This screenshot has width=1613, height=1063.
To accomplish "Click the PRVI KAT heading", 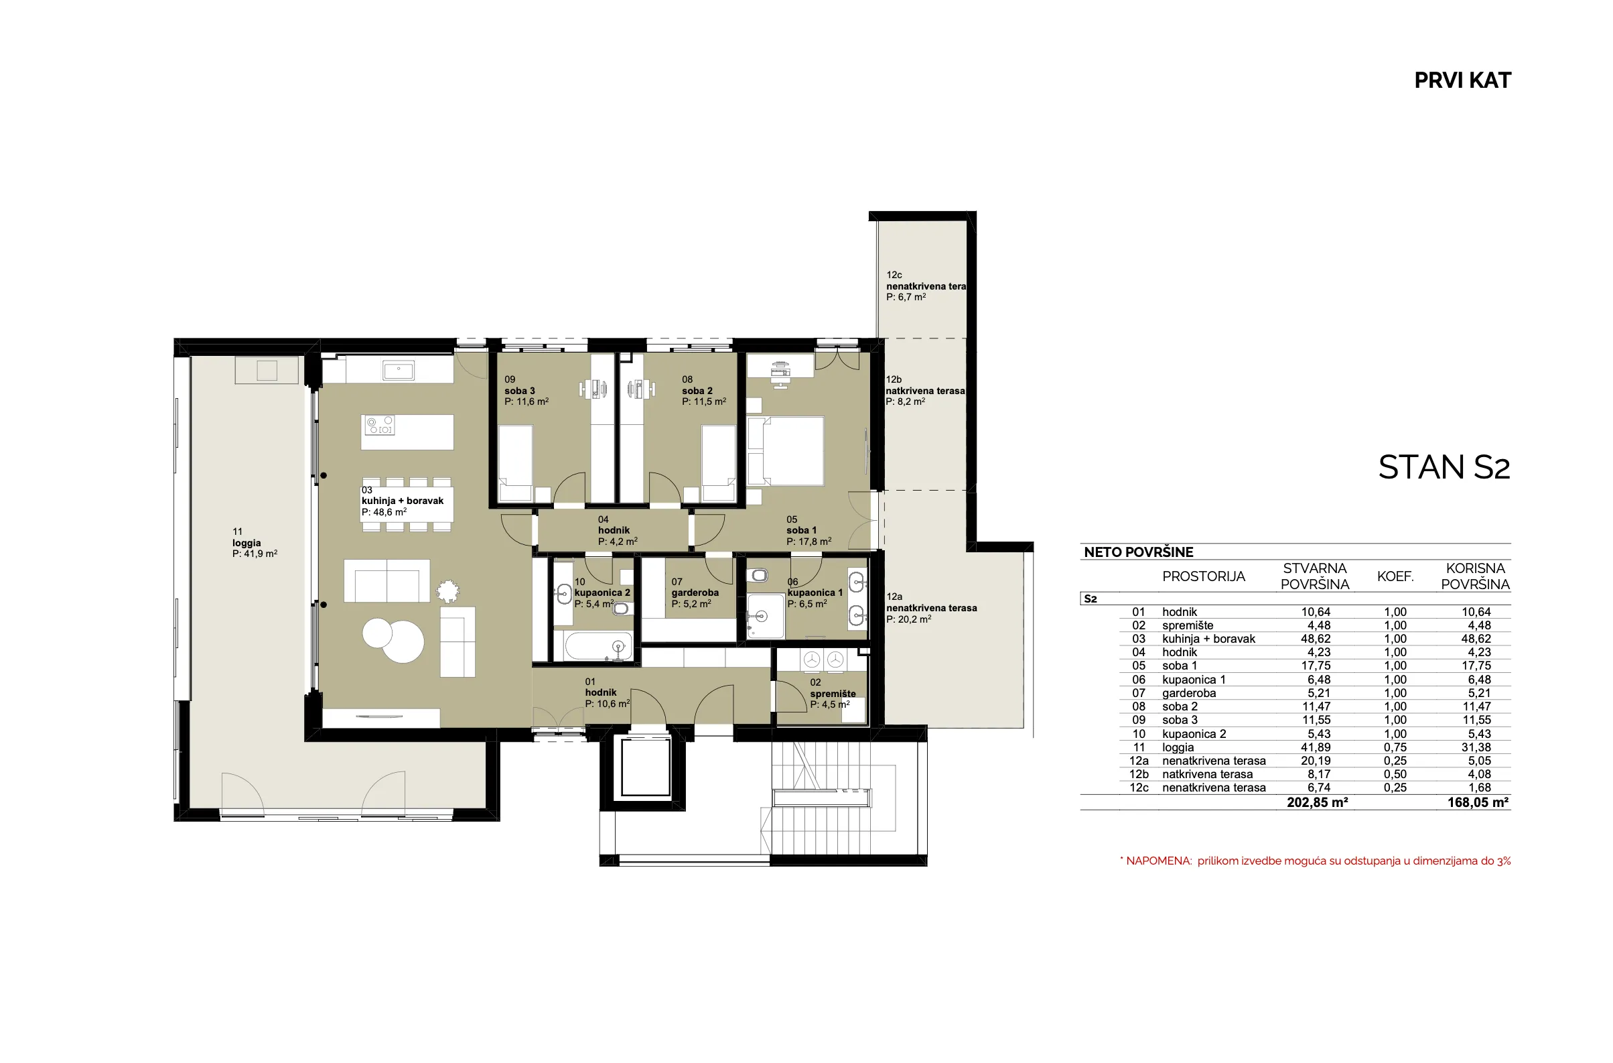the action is [x=1462, y=80].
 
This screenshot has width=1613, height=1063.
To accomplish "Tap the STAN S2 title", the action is [x=1444, y=467].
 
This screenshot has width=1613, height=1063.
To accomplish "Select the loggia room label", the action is [x=254, y=542].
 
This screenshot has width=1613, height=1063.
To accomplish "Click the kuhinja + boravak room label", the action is [x=403, y=501].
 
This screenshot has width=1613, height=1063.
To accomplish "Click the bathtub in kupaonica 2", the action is [x=598, y=646].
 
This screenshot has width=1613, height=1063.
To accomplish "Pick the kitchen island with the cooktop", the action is [x=407, y=432].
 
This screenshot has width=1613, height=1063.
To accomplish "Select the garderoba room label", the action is [x=695, y=592].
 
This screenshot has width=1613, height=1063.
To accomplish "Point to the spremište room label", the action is [x=832, y=693].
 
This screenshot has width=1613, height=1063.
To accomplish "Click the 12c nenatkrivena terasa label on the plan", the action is [x=926, y=286].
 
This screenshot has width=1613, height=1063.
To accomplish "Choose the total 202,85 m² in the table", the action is [x=1317, y=803].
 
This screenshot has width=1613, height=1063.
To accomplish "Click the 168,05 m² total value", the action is [x=1478, y=803].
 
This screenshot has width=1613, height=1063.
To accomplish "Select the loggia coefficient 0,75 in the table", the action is [x=1395, y=747].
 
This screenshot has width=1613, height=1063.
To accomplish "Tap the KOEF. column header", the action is [x=1395, y=577].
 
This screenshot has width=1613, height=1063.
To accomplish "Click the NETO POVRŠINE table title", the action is [x=1139, y=552].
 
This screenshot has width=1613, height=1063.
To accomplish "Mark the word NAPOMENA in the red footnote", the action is [x=1158, y=861].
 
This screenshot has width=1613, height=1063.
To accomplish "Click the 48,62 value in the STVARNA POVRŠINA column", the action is [x=1316, y=639].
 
